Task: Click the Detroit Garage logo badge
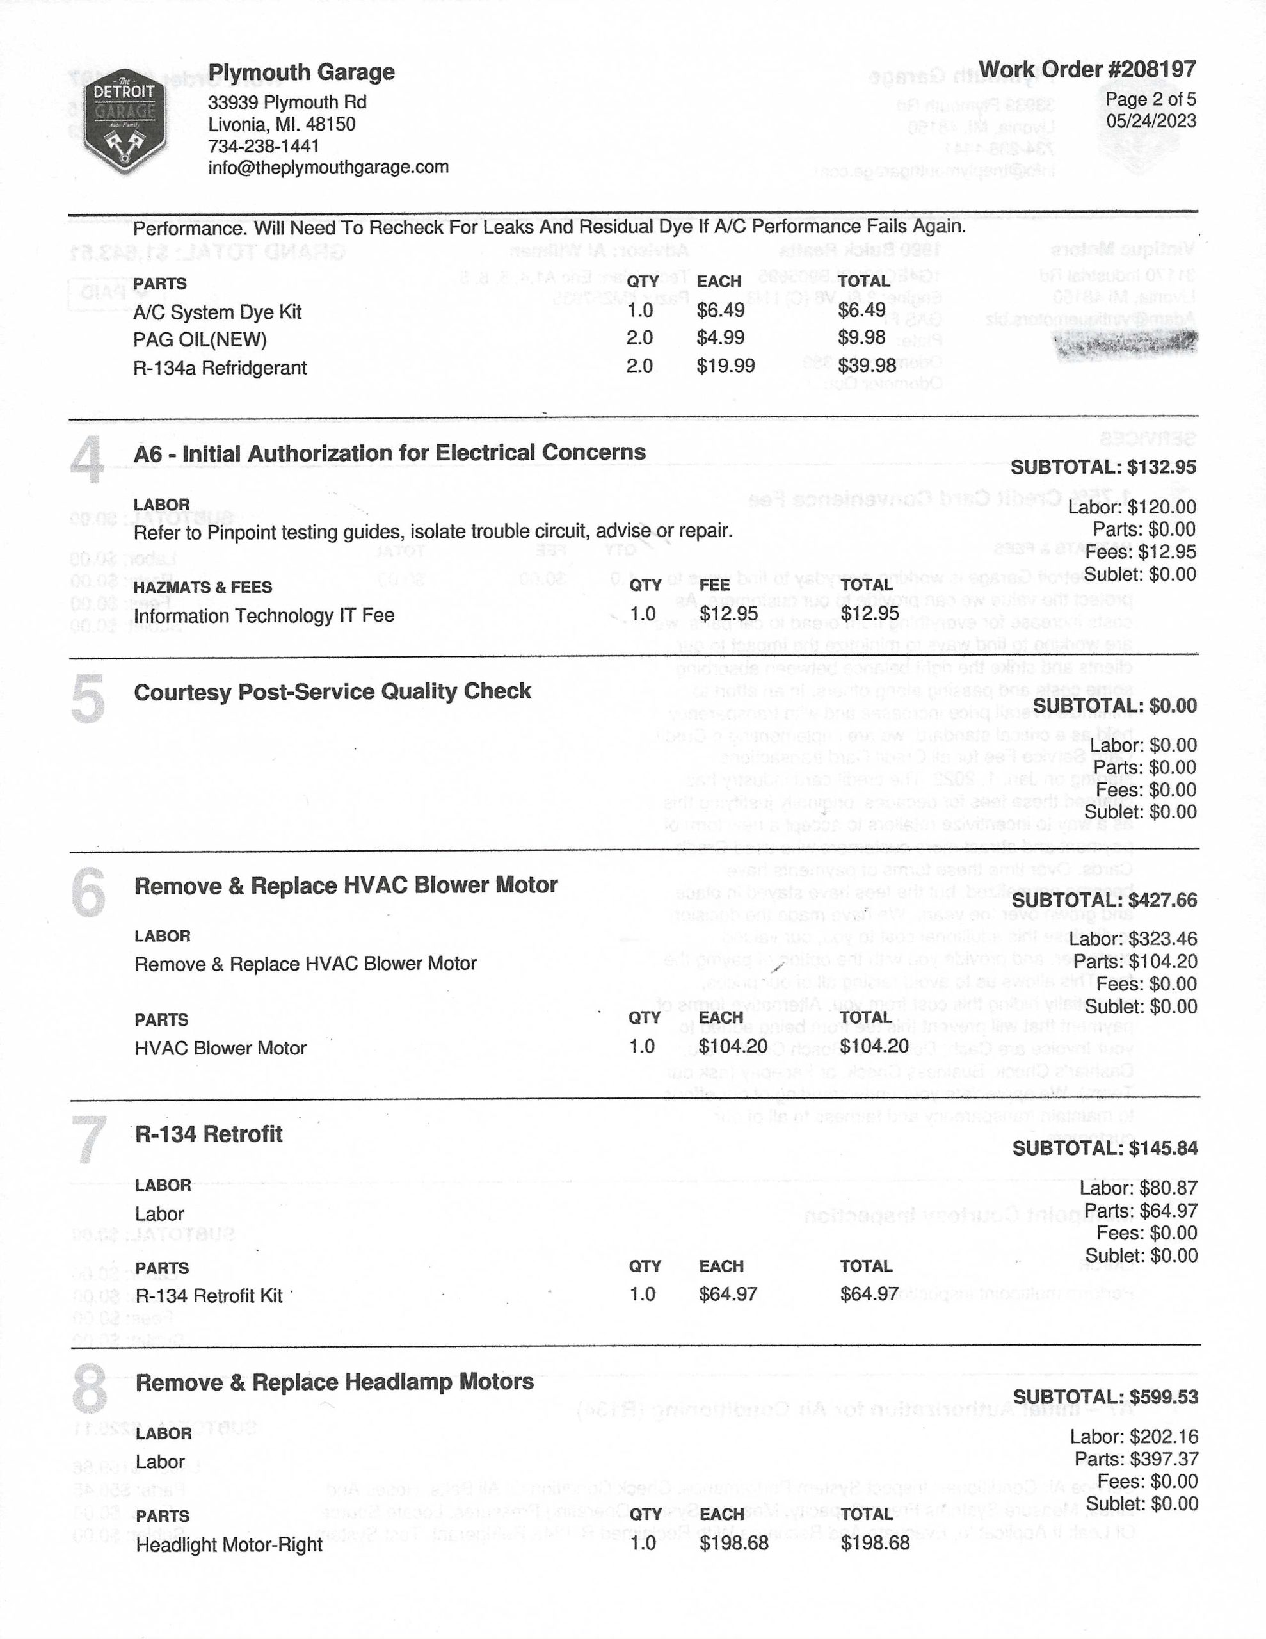tap(125, 123)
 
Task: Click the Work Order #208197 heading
tap(1087, 70)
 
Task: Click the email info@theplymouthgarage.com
tap(328, 166)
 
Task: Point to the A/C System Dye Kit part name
tap(217, 312)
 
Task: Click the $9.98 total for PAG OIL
tap(861, 337)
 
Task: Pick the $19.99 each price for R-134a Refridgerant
tap(725, 366)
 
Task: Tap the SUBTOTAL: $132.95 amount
tap(1103, 467)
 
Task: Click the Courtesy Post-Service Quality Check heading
tap(332, 691)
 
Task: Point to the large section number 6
tap(88, 892)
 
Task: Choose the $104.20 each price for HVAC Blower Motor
tap(732, 1046)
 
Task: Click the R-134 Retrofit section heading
tap(209, 1134)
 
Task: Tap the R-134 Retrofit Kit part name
tap(209, 1296)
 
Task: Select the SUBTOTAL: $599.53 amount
tap(1105, 1398)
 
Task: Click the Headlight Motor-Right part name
tap(229, 1545)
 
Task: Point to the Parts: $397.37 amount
tap(1136, 1459)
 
